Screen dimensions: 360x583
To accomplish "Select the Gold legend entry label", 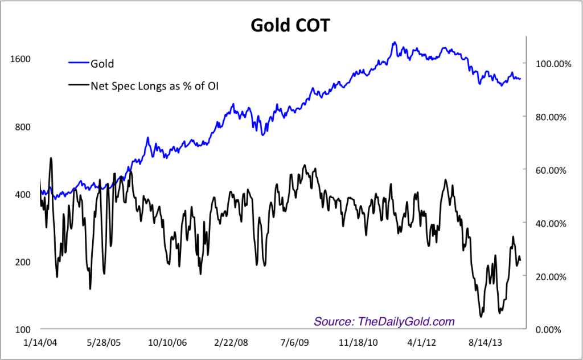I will click(102, 63).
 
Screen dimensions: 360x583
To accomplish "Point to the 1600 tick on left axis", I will click(19, 59).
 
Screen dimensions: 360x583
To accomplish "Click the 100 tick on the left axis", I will click(22, 330).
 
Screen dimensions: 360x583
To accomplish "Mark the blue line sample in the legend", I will click(79, 63).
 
